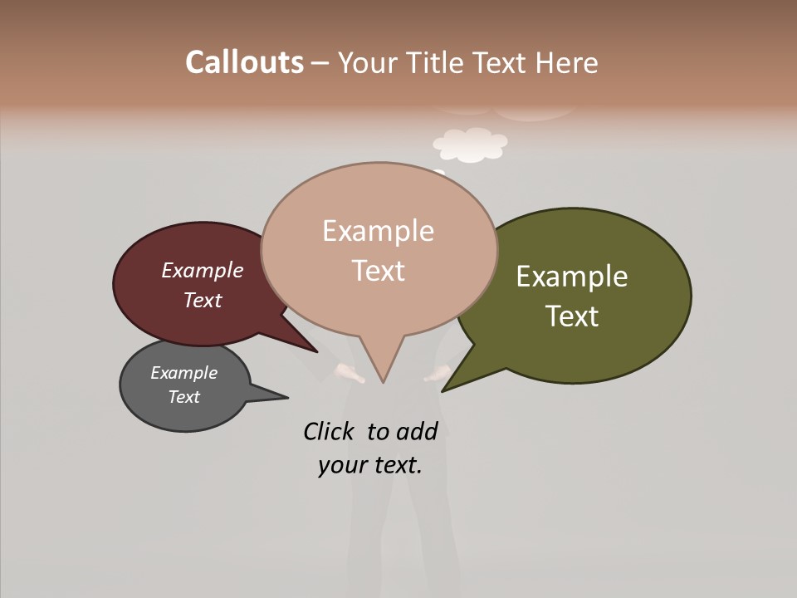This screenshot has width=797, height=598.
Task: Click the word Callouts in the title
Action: [244, 62]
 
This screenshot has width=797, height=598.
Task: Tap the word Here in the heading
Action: [566, 62]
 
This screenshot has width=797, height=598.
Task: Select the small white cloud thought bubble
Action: [470, 145]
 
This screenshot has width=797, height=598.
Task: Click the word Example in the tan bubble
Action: [378, 231]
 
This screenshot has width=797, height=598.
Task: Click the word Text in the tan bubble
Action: [379, 271]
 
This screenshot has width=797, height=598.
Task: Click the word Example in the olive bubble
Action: [572, 276]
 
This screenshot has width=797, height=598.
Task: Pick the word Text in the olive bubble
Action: [572, 316]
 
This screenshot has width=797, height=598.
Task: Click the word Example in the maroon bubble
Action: [202, 270]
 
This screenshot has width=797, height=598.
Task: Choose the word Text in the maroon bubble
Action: [202, 300]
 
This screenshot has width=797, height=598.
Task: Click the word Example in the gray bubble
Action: [183, 373]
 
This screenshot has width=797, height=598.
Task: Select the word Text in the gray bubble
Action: [183, 397]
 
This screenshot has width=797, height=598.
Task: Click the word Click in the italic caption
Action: [330, 431]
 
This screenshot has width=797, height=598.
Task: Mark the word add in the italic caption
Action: [416, 431]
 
